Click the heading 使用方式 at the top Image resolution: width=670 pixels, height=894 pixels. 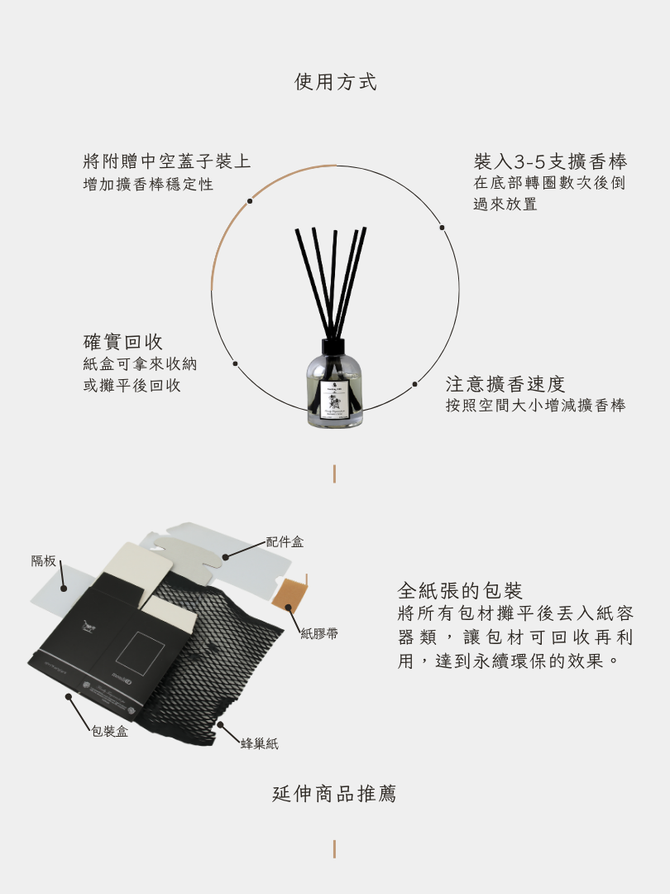tap(335, 82)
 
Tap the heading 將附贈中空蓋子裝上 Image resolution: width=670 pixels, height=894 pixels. tap(166, 161)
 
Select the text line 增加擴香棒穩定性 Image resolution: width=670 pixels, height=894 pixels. tap(148, 185)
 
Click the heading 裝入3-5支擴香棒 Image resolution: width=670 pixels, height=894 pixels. tap(550, 161)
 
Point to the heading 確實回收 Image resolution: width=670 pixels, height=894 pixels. tap(123, 342)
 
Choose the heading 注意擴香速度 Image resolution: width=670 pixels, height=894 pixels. tap(505, 384)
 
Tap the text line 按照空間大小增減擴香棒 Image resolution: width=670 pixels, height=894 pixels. tap(535, 406)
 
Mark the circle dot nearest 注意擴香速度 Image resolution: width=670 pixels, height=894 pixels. tap(415, 384)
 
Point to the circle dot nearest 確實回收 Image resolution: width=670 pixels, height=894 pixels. tap(235, 363)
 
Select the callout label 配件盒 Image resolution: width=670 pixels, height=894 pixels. tap(285, 542)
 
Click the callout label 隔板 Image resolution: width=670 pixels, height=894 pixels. tap(44, 561)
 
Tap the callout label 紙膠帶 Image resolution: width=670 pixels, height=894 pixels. tap(318, 634)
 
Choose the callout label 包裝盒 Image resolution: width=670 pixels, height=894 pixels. tap(109, 732)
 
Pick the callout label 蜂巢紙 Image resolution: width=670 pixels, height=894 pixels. tap(259, 744)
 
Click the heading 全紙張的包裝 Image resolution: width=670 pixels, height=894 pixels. tap(460, 591)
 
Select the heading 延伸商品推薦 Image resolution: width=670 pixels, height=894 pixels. tap(335, 795)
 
